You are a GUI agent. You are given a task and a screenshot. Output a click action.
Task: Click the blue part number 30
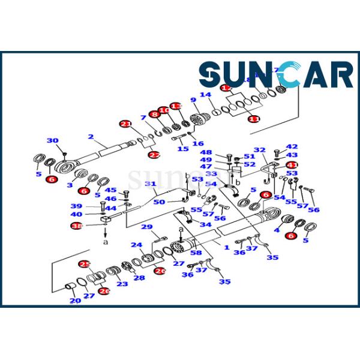click(x=53, y=141)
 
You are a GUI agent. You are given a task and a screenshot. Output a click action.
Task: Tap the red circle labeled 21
click(x=125, y=124)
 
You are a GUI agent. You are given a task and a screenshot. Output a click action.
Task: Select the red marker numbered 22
click(x=154, y=155)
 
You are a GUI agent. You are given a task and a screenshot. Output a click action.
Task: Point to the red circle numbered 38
click(x=77, y=226)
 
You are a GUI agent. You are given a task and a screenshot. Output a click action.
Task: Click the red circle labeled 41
click(x=292, y=165)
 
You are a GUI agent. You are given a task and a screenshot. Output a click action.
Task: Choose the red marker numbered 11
click(x=254, y=119)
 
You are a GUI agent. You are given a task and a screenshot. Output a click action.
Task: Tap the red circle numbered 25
click(x=85, y=264)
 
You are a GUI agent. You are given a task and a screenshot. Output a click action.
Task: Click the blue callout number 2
click(x=91, y=137)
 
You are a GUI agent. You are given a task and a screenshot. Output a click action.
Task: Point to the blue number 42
click(x=292, y=146)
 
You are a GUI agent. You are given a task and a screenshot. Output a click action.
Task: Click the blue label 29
click(x=146, y=226)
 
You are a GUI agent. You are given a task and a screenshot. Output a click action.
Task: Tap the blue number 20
click(x=74, y=301)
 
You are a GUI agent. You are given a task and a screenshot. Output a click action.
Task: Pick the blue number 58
click(x=196, y=254)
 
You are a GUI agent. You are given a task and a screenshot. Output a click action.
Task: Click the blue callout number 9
click(x=193, y=100)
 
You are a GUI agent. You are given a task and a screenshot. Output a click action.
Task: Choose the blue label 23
click(x=122, y=284)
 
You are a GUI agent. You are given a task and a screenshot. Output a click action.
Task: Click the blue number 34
click(x=205, y=225)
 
